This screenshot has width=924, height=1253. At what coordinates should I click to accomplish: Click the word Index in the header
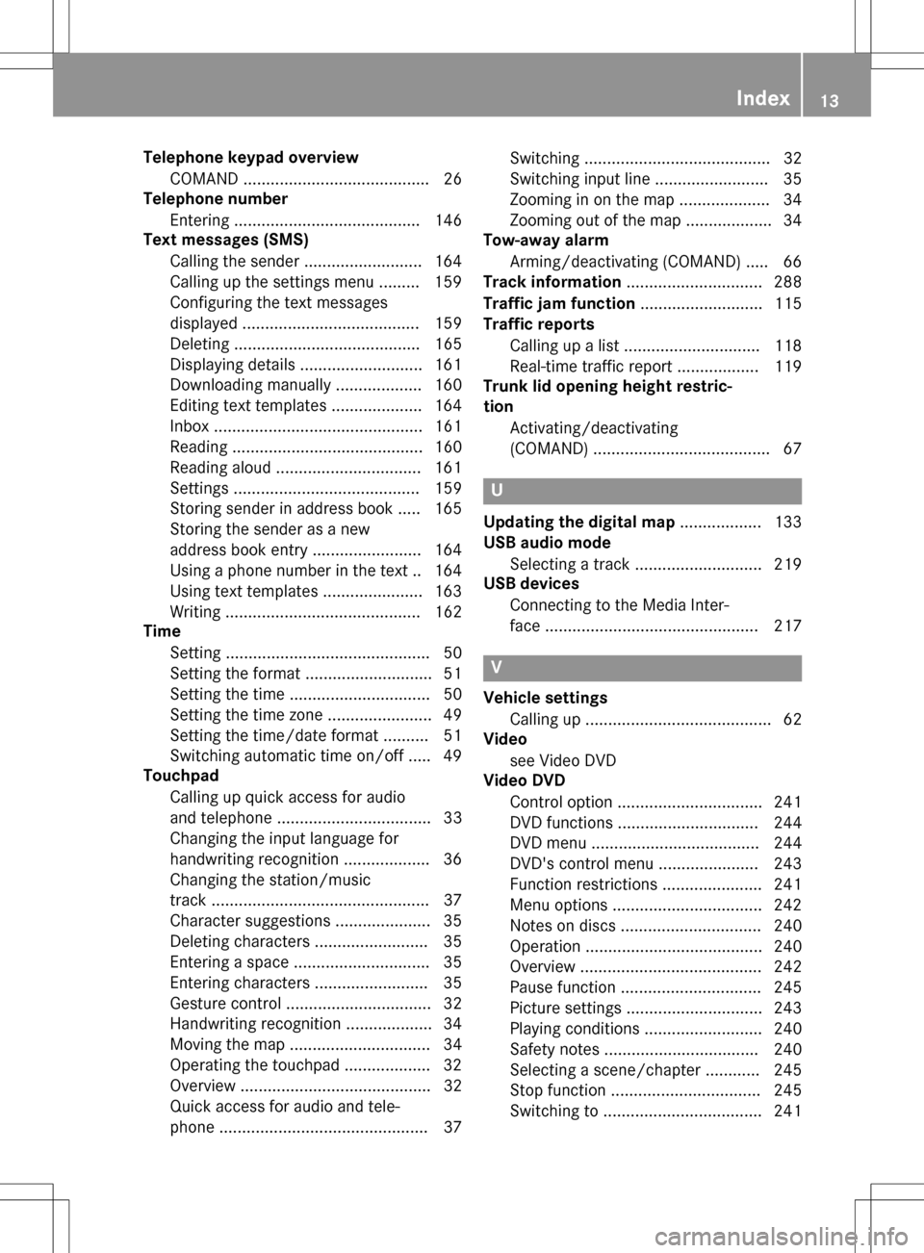coord(762,98)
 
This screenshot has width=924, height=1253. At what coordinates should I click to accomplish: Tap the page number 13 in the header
coord(829,100)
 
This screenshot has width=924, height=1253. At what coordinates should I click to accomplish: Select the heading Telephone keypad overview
coord(250,158)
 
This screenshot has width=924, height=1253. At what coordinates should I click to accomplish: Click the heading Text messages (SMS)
coord(225,240)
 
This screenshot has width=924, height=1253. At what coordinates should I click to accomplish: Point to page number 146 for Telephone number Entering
coord(449,220)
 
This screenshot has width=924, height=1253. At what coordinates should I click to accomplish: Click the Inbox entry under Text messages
coord(190,426)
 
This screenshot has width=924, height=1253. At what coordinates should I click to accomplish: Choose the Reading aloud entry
coord(220,468)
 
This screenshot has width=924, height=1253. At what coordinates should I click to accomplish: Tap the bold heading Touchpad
coord(181,776)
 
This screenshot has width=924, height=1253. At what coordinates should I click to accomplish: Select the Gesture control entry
coord(225,1004)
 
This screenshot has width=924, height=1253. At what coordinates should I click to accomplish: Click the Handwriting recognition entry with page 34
coord(255,1024)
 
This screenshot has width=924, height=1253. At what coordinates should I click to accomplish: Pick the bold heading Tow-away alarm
coord(546,241)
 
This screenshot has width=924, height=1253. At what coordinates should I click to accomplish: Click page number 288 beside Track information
coord(787,282)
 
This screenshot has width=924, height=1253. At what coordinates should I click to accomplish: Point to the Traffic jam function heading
coord(559,303)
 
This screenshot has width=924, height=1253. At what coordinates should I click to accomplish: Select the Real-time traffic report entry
coord(591,367)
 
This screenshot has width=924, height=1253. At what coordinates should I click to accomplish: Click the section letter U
coord(497,490)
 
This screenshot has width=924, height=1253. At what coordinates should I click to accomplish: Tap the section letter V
coord(497,667)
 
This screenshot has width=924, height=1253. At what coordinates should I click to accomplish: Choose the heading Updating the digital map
coord(579,523)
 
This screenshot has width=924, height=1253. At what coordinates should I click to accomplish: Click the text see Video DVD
coord(563,760)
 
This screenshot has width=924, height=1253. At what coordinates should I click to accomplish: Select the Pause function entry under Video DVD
coord(562,987)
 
